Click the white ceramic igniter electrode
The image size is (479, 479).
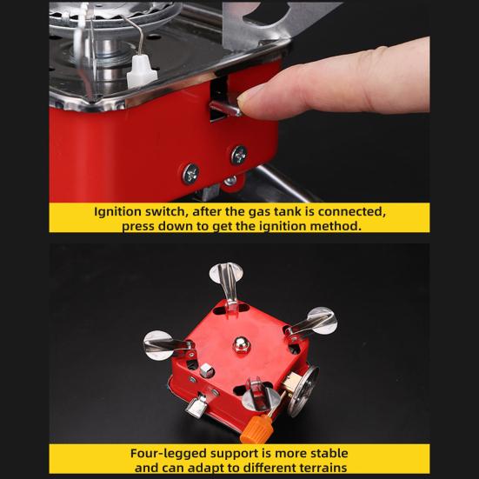[138, 73]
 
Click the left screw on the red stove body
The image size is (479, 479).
[190, 173]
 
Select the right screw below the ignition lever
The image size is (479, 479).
[238, 155]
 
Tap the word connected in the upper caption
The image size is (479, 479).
[348, 211]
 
